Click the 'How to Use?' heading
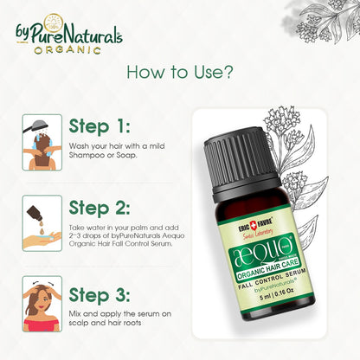pos(180,72)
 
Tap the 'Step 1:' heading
pos(100,126)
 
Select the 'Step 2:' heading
pos(100,208)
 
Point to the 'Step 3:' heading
pos(100,295)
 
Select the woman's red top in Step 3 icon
pos(42,325)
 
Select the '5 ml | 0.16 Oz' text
pos(276,294)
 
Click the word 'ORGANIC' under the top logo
pos(67,49)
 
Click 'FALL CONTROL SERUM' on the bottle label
pos(272,279)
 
